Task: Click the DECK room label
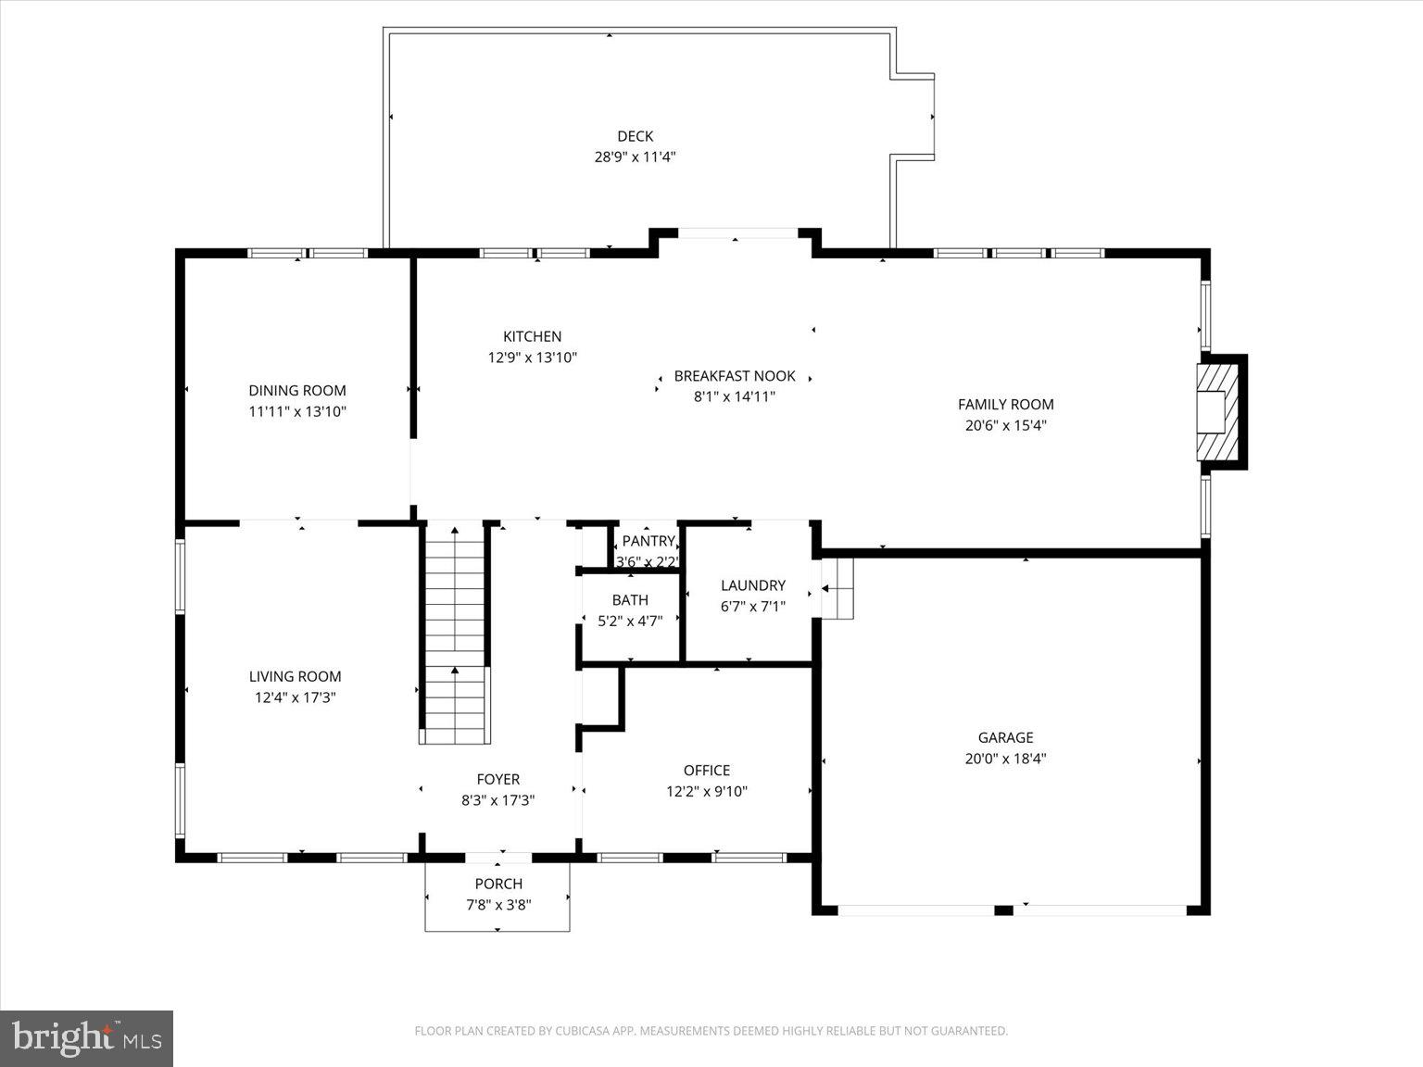point(635,136)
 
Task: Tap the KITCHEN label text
point(532,336)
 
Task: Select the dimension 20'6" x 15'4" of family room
point(1005,426)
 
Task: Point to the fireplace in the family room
point(1219,411)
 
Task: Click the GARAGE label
point(1005,737)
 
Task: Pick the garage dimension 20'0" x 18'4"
point(1005,759)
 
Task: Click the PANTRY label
point(648,541)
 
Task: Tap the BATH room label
point(630,600)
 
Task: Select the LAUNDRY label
point(752,585)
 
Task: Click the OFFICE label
point(706,771)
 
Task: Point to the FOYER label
point(497,780)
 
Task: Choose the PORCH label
point(498,884)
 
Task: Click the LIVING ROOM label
point(295,677)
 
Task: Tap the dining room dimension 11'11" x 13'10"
point(297,412)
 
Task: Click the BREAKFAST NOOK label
point(735,376)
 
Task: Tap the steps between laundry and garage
point(837,588)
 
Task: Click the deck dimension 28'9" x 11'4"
point(635,157)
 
